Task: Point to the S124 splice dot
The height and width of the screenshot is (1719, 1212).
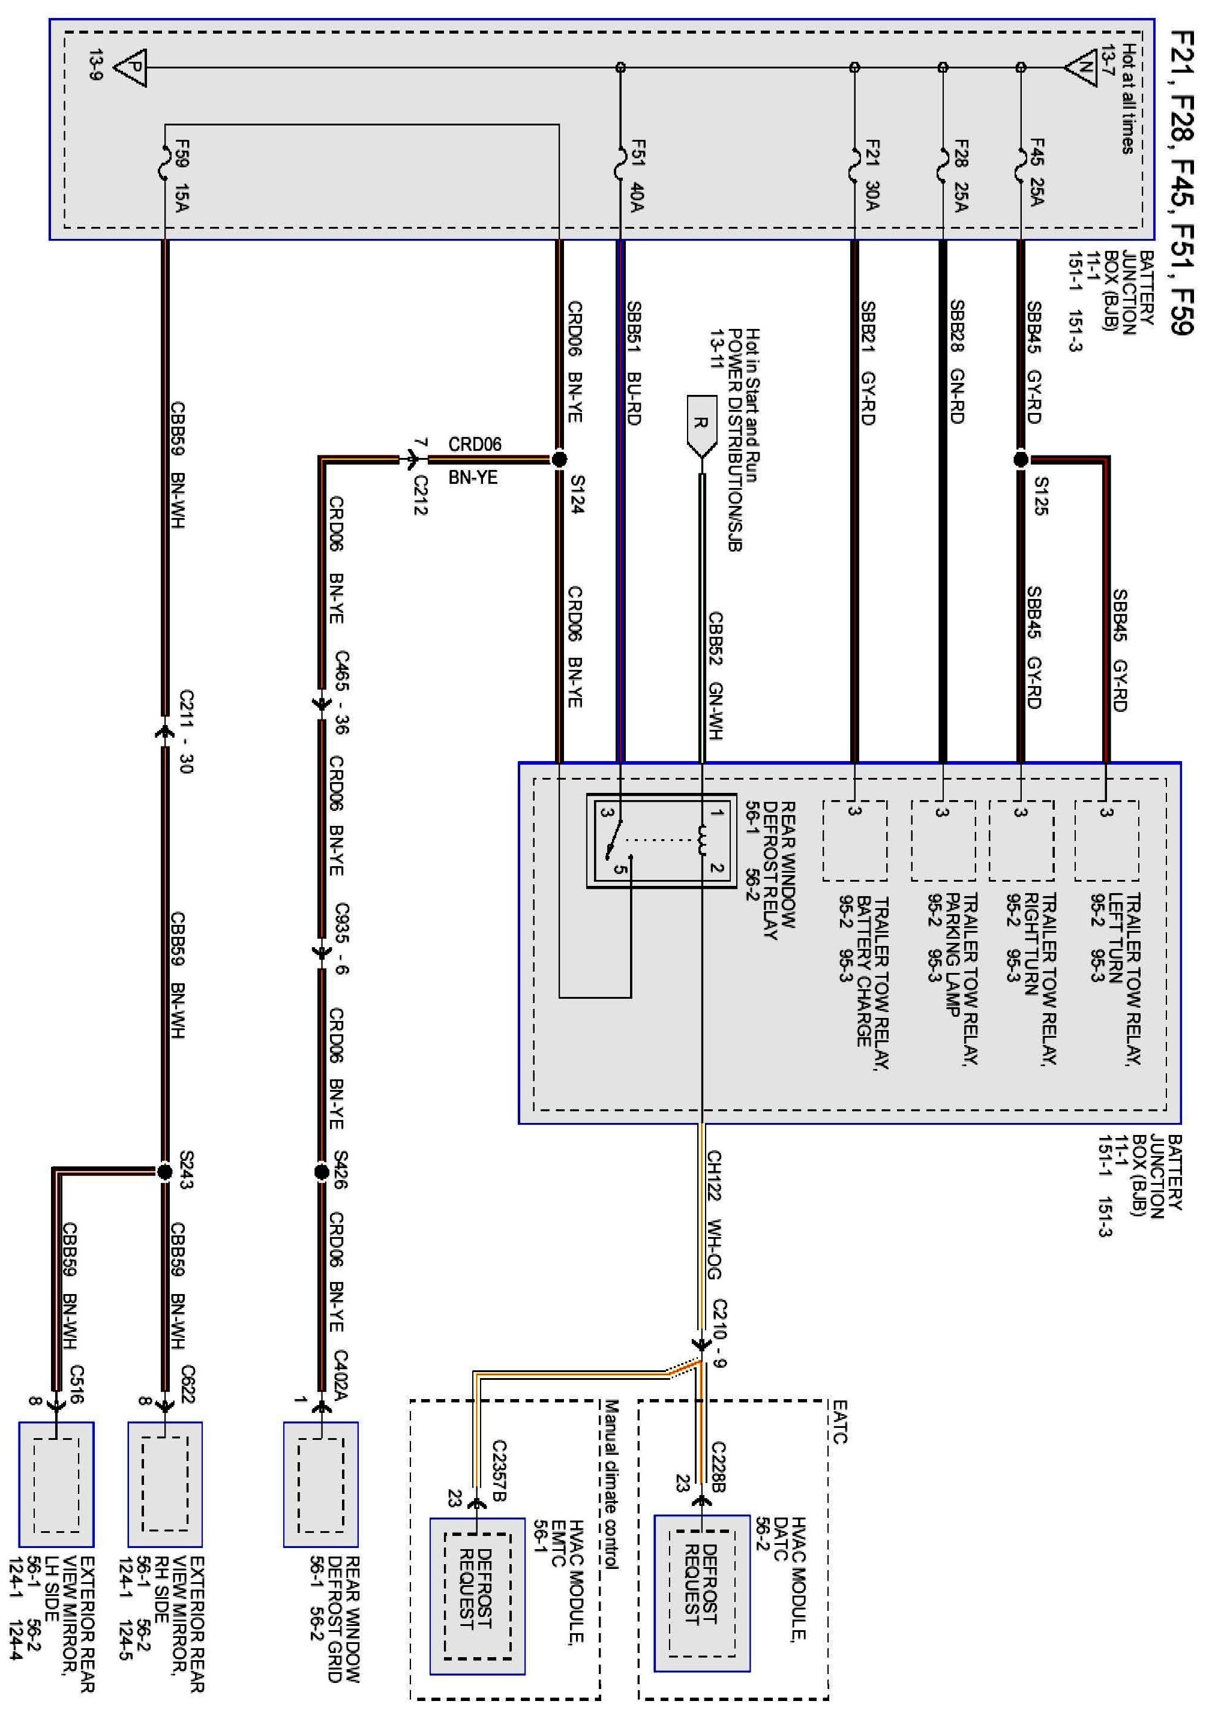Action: [x=559, y=459]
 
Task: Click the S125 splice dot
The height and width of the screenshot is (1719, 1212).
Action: [x=1021, y=459]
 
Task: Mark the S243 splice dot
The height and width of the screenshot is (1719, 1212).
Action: [x=164, y=1172]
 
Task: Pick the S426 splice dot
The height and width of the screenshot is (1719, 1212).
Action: [x=321, y=1172]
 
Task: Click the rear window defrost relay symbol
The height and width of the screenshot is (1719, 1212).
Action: [x=661, y=841]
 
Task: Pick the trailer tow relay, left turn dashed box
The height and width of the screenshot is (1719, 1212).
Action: [x=1106, y=840]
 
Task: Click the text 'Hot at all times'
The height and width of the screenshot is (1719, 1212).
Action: [x=1127, y=98]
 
